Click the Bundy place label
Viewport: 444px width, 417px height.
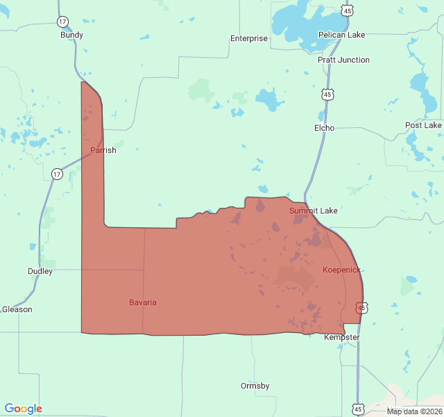(71, 35)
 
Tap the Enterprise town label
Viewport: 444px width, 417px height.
(248, 38)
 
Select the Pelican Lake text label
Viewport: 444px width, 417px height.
(341, 35)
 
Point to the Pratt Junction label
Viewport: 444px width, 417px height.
(343, 60)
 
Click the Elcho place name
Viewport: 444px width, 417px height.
(324, 128)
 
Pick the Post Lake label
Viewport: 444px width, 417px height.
(423, 125)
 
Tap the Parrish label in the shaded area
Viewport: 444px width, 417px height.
(103, 150)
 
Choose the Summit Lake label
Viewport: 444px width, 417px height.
(313, 210)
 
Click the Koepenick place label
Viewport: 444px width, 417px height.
(341, 269)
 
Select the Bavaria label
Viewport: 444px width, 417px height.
(143, 302)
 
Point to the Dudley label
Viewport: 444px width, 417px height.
(40, 271)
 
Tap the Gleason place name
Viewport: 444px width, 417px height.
(17, 309)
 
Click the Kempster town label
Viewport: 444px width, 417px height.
(342, 337)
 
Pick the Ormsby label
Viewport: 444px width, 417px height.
(255, 386)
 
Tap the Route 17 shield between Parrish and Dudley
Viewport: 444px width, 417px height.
(57, 173)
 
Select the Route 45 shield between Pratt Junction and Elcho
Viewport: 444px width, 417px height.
(327, 93)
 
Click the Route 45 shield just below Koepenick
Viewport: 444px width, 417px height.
(361, 307)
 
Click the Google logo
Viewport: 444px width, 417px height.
(23, 409)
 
